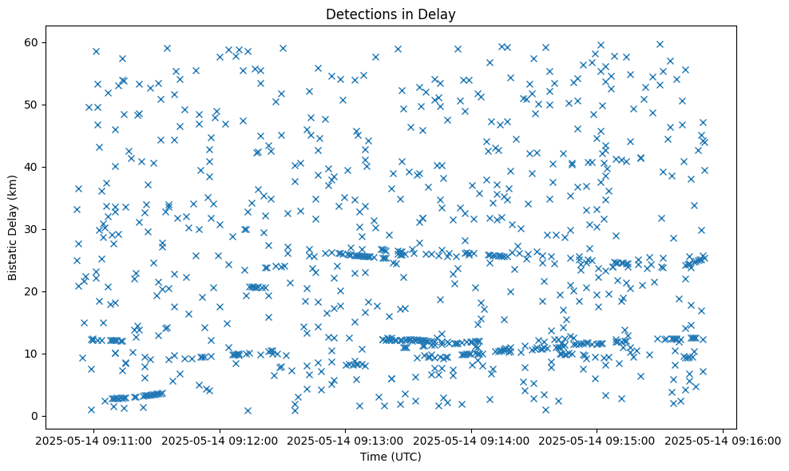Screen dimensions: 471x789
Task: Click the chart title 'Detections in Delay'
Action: [x=391, y=14]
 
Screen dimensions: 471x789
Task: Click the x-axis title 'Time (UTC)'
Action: [x=391, y=457]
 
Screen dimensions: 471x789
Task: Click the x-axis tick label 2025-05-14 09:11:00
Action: [x=93, y=441]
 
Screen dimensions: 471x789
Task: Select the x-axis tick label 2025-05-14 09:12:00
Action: [x=220, y=441]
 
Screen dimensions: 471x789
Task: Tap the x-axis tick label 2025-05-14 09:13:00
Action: [x=346, y=441]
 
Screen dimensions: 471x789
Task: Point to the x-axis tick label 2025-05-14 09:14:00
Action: [x=471, y=441]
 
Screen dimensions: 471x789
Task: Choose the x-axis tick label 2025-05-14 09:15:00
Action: [x=597, y=441]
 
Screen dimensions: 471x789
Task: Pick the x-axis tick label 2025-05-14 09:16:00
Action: [x=724, y=441]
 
